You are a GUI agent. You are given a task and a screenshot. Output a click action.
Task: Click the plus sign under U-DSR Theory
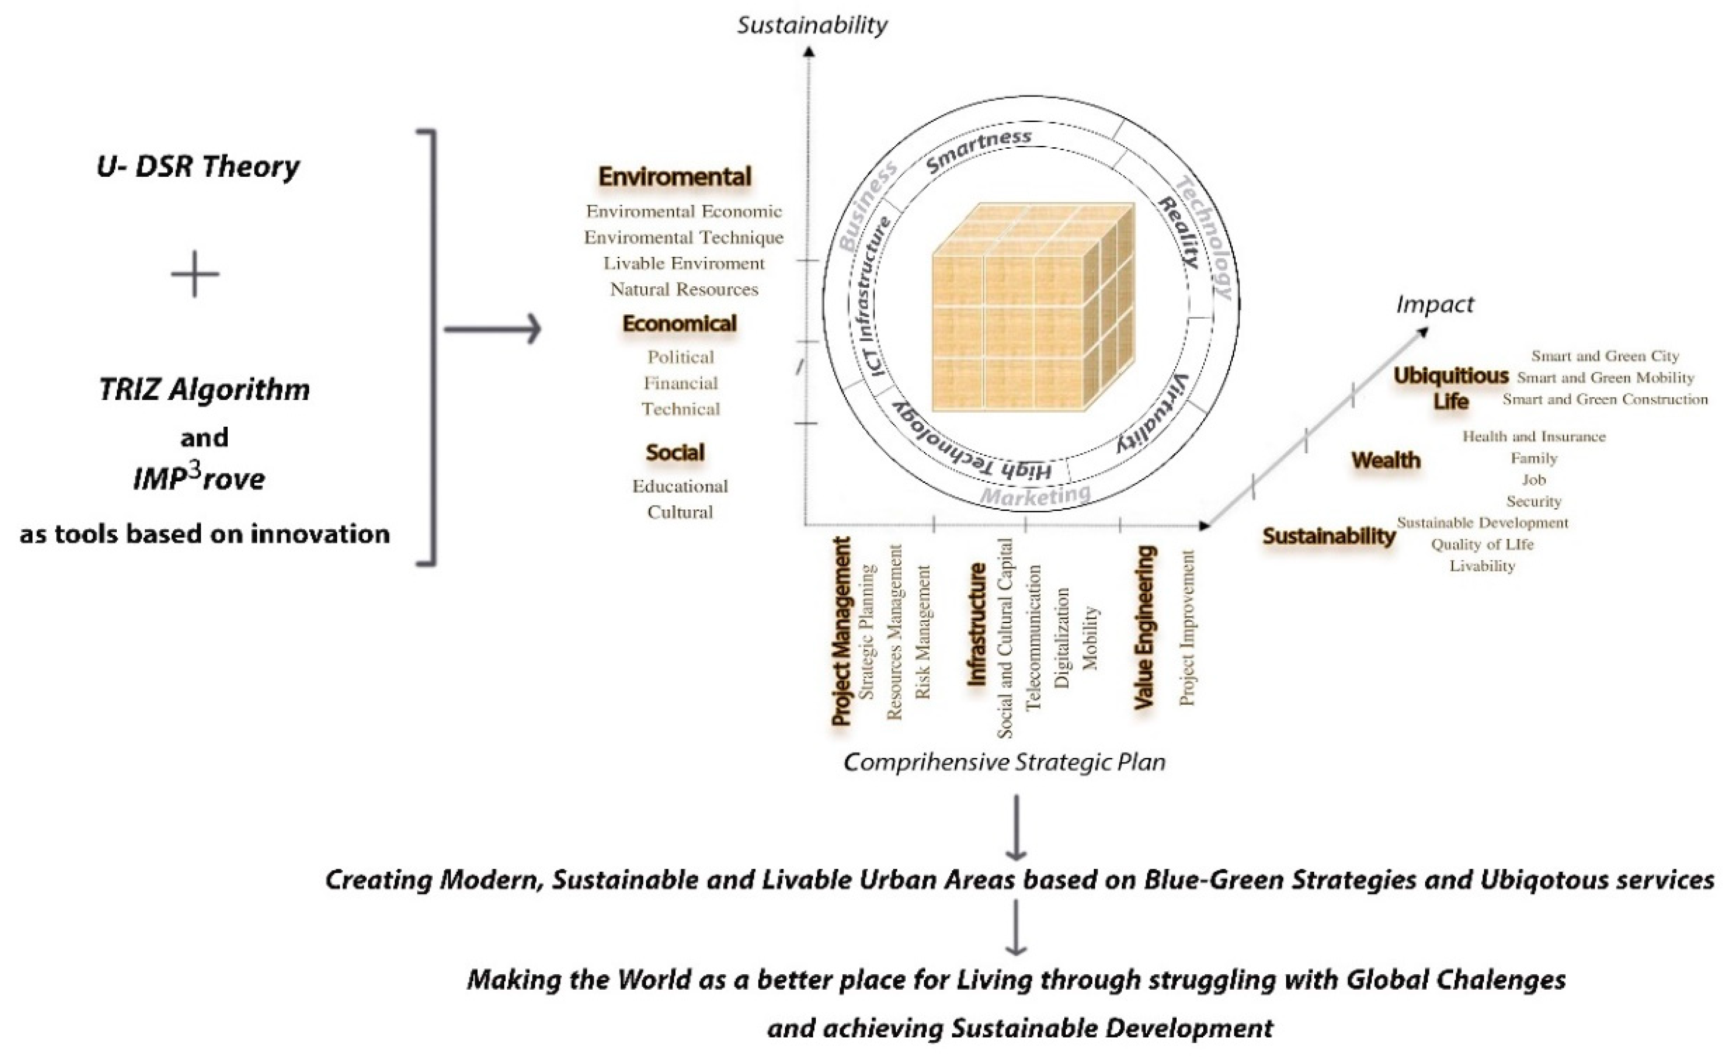coord(195,274)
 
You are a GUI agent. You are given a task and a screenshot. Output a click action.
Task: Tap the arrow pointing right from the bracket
coord(492,329)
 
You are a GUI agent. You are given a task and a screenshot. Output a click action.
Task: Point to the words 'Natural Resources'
coord(684,289)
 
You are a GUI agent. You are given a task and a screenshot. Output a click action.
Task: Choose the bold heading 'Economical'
coord(679,324)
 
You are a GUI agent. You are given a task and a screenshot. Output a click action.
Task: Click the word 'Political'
coord(680,357)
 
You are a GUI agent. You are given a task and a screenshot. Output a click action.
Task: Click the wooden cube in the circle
coord(1032,308)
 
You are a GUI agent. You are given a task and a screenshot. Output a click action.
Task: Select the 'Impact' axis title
coord(1435,305)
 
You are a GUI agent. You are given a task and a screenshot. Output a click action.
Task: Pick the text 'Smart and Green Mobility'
coord(1605,378)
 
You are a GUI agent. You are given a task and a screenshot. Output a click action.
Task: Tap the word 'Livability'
coord(1482,566)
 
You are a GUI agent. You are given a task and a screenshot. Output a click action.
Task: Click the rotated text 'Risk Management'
coord(923,632)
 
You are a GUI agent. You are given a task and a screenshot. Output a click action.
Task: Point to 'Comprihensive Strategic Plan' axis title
coord(1004,762)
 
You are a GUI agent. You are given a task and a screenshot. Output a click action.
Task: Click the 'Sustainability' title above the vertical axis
coord(811,25)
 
